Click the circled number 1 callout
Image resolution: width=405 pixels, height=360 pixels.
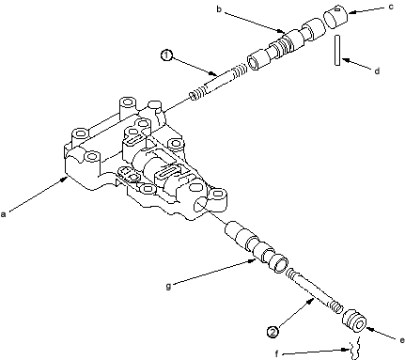(x=166, y=55)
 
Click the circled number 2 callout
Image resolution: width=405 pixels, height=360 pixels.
(x=273, y=332)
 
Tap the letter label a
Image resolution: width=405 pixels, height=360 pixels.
(x=4, y=214)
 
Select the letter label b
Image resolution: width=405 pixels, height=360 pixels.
(x=219, y=9)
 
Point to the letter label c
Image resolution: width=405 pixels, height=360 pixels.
(x=391, y=7)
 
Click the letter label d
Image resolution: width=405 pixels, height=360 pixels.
(x=377, y=70)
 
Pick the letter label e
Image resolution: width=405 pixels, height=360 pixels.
(x=402, y=340)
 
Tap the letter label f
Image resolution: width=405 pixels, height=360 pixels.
(x=276, y=353)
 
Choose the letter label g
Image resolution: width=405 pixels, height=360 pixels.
(x=168, y=286)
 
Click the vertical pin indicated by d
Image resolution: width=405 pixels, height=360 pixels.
(x=337, y=50)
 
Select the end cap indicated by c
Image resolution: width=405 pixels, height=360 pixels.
(x=335, y=16)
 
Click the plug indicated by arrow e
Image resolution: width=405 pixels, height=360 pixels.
(x=355, y=321)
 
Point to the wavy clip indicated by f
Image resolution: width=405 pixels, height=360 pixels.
(x=354, y=348)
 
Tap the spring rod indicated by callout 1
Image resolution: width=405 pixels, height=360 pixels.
(x=219, y=82)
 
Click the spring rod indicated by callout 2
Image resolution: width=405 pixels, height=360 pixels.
(x=314, y=290)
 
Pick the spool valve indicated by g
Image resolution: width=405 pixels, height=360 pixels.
(x=256, y=246)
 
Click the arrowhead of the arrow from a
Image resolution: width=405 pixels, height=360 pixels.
(x=66, y=179)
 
